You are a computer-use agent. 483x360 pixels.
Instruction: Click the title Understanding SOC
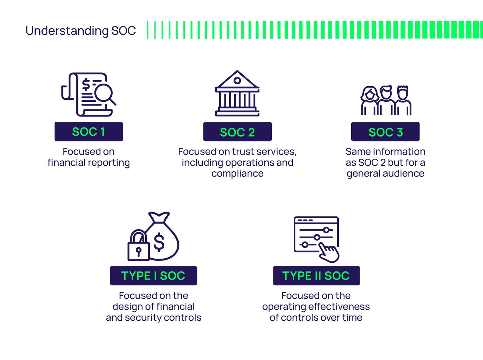(80, 31)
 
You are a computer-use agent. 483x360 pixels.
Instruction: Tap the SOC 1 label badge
(89, 132)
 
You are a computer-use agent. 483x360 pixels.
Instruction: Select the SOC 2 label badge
(237, 132)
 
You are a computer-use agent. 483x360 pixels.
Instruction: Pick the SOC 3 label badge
(385, 132)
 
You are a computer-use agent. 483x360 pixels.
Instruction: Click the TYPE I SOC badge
(153, 276)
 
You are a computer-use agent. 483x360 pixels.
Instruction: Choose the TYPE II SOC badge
(317, 276)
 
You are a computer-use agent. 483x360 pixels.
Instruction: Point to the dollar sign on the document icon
(86, 84)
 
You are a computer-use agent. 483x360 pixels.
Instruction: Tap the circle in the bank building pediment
(237, 81)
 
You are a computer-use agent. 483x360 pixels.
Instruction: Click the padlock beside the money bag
(139, 245)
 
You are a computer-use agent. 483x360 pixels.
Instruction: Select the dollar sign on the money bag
(159, 242)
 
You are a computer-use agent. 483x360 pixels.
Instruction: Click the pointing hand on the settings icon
(329, 252)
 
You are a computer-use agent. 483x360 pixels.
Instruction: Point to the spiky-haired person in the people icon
(403, 100)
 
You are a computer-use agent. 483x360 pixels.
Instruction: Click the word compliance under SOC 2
(237, 174)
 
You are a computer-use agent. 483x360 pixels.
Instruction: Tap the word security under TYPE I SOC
(143, 318)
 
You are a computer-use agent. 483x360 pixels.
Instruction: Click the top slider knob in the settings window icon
(326, 230)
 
